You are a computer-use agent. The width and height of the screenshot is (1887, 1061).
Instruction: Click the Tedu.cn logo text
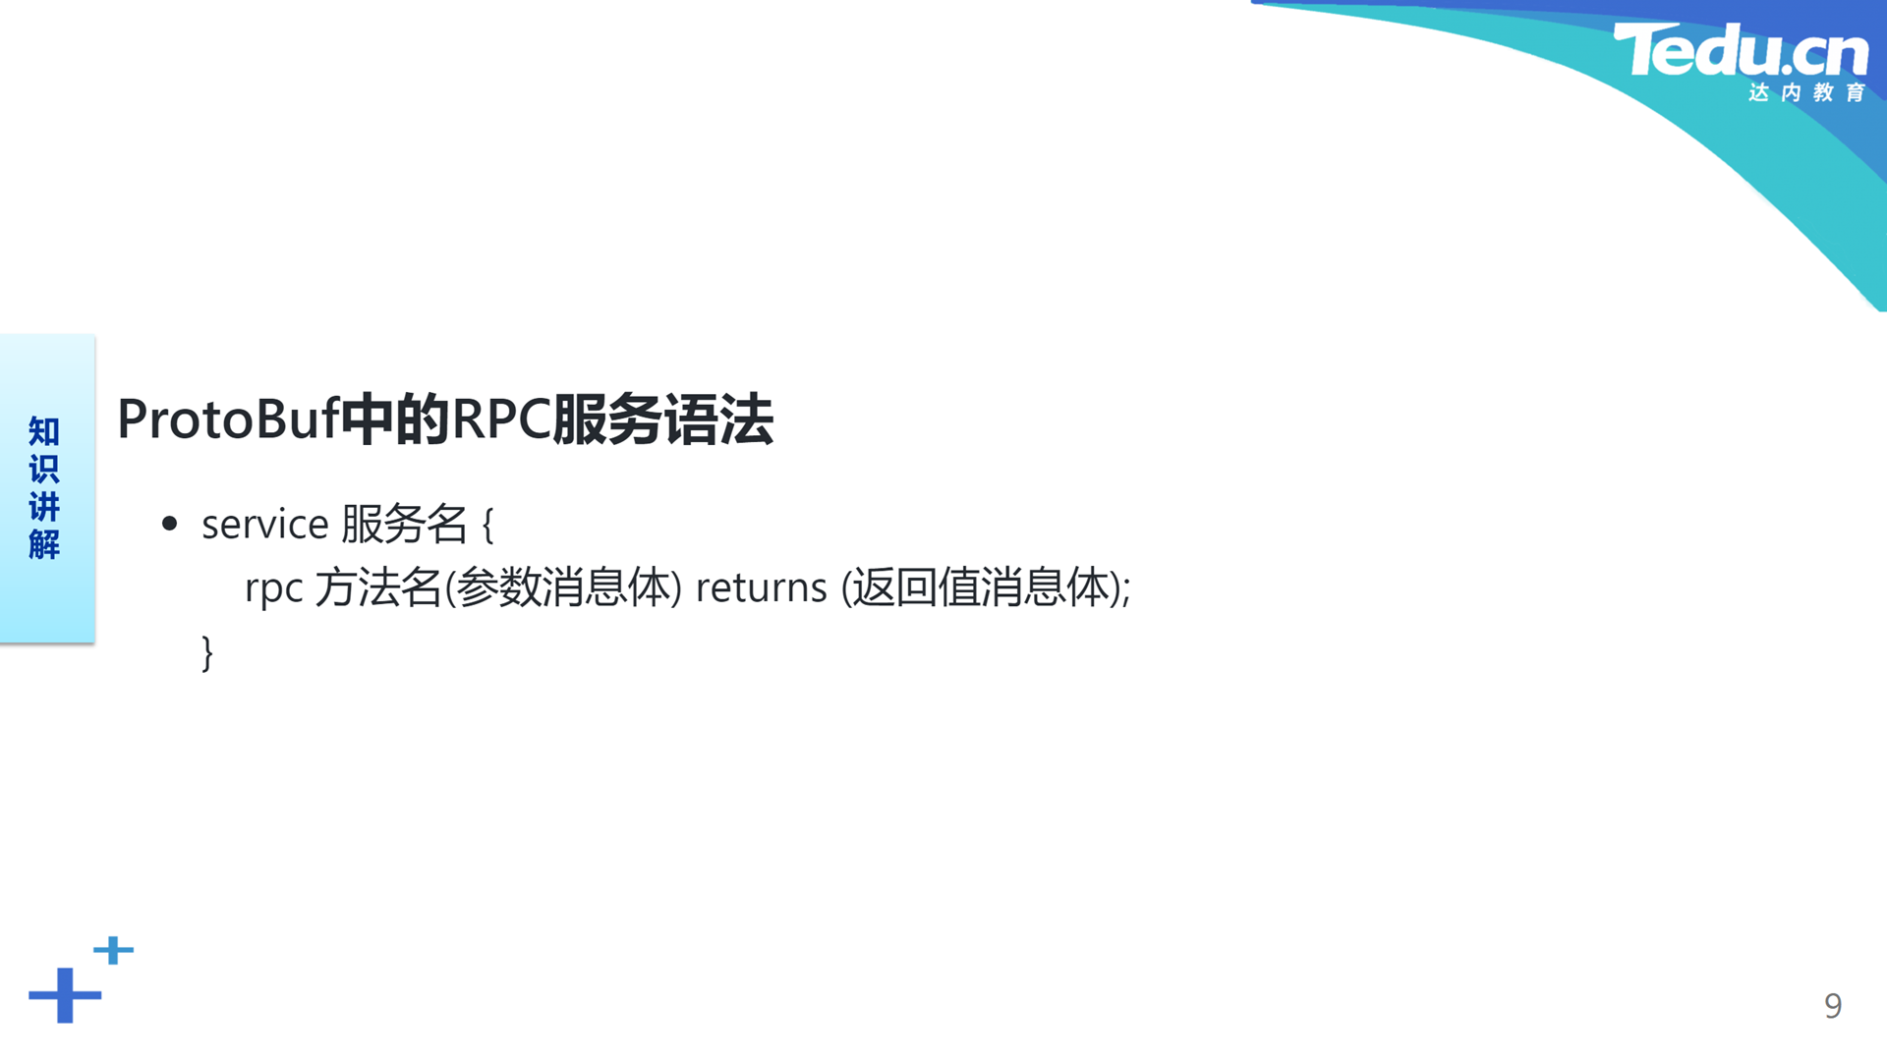(x=1741, y=50)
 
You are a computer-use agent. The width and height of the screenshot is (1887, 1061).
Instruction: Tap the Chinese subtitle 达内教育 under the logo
(x=1806, y=92)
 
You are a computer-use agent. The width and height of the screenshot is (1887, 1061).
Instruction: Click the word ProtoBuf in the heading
(x=228, y=419)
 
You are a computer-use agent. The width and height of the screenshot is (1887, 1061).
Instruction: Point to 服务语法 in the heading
(x=663, y=419)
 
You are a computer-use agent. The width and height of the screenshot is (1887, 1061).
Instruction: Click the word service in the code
(x=265, y=524)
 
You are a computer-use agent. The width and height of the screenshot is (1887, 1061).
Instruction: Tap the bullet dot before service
(x=170, y=524)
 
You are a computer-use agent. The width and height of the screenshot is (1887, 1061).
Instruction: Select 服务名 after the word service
(x=404, y=524)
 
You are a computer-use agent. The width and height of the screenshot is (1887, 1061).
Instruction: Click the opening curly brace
(x=488, y=525)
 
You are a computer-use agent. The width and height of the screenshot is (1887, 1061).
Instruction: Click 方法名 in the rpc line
(x=378, y=587)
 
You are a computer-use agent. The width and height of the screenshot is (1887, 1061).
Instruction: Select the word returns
(x=762, y=587)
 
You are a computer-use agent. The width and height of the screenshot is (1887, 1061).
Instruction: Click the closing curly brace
(x=207, y=653)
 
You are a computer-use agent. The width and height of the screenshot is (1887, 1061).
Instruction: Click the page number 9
(x=1833, y=1006)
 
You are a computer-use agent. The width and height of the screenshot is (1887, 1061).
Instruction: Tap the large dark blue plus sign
(x=65, y=995)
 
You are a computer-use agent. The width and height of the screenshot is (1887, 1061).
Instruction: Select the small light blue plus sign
(x=113, y=950)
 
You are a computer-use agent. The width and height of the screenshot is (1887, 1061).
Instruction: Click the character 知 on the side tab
(x=44, y=431)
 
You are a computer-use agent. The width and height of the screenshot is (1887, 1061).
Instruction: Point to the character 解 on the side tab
(x=44, y=543)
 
